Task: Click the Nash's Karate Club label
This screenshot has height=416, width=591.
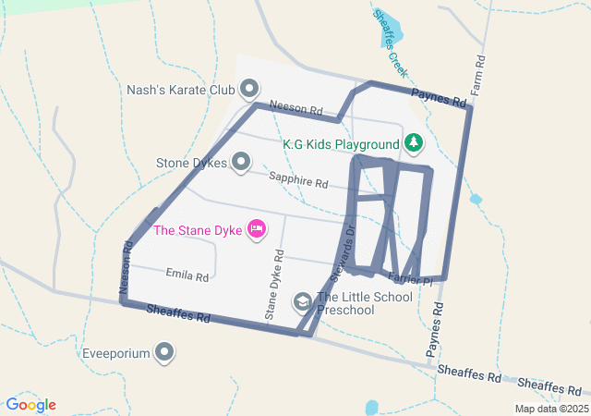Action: coord(181,91)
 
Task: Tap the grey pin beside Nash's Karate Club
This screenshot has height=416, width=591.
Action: coord(249,90)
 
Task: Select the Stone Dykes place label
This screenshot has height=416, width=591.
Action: coord(191,164)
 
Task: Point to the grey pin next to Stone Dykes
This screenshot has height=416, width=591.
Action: coord(241,163)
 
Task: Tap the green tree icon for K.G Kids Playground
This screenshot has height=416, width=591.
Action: coord(415,142)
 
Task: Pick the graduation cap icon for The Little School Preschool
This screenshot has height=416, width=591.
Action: coord(302,301)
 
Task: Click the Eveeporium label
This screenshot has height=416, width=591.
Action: coord(115,353)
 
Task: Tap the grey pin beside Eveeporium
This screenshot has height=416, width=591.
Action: coord(165,351)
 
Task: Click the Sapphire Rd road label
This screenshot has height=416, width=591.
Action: coord(298,180)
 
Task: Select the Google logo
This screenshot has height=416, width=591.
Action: coord(31,405)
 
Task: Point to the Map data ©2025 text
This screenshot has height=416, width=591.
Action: coord(550,409)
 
